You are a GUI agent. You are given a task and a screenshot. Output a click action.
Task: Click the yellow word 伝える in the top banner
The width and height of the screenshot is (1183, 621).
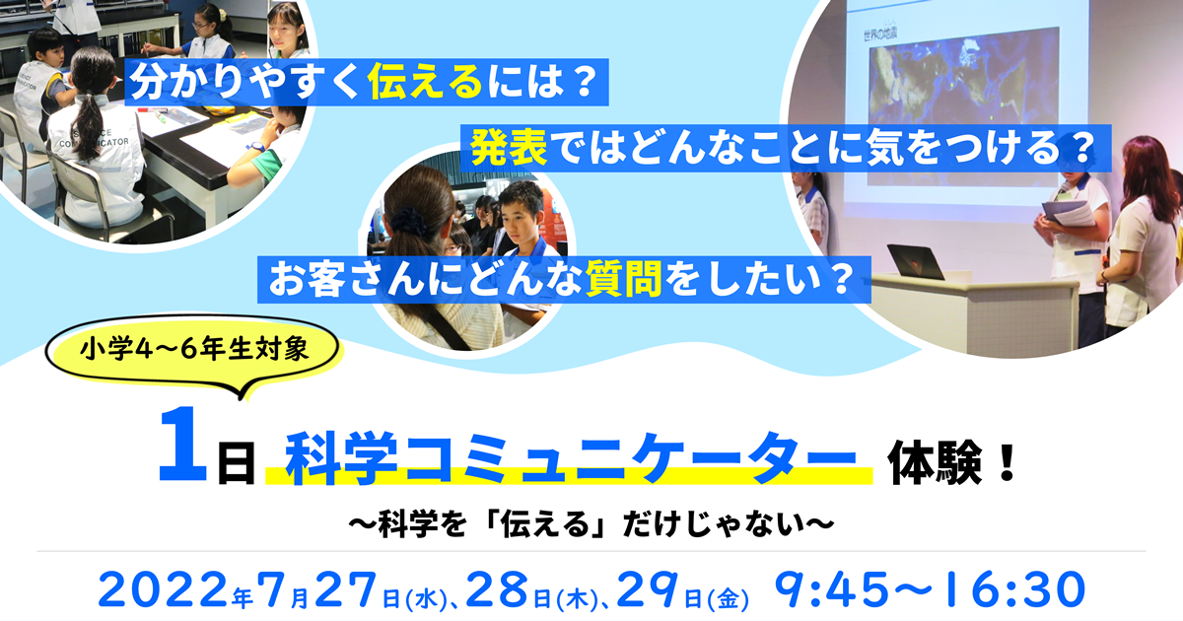[426, 82]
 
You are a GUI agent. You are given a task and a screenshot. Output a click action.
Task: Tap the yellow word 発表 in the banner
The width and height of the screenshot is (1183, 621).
[509, 148]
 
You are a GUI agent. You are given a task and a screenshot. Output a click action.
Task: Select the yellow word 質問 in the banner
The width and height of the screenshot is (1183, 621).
[624, 279]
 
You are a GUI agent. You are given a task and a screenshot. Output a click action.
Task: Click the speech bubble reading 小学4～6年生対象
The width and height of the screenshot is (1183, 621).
[194, 351]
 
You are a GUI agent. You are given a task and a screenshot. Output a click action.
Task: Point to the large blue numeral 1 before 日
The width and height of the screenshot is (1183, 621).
[182, 445]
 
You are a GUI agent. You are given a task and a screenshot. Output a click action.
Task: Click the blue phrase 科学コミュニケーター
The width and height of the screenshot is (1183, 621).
[571, 457]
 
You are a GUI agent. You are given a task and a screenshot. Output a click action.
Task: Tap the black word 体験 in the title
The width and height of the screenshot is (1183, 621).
[935, 463]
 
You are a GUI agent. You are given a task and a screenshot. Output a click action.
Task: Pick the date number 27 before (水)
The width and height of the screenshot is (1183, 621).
[346, 590]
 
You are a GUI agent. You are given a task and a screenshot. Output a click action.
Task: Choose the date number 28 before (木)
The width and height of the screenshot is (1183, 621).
[497, 590]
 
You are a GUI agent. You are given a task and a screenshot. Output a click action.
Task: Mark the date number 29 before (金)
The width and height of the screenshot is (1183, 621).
[648, 590]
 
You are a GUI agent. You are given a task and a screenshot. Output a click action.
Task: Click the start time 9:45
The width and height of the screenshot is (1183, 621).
[832, 590]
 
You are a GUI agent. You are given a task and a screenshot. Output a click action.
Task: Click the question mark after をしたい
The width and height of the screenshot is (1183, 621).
[840, 280]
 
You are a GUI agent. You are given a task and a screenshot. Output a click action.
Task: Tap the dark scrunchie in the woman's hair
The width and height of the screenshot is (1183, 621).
[408, 221]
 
